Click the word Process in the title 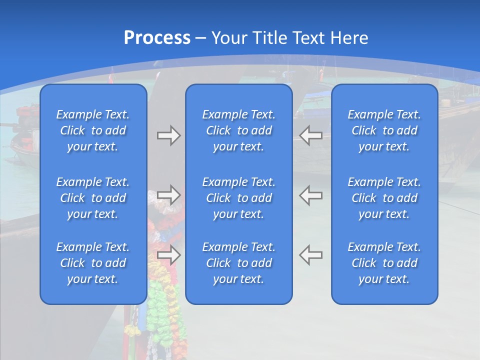(157, 38)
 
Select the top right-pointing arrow (168, 135)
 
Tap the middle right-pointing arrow (168, 194)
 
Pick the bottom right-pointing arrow (168, 254)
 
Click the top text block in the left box (93, 130)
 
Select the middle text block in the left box (93, 198)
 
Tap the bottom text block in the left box (93, 263)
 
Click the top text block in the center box (239, 130)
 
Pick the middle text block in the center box (239, 198)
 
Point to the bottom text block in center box (239, 263)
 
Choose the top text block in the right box (384, 130)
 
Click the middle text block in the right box (384, 198)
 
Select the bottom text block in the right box (384, 263)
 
